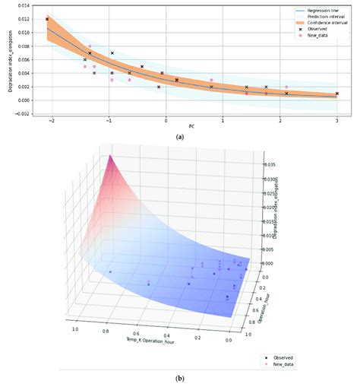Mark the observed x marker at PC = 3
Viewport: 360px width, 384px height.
point(336,94)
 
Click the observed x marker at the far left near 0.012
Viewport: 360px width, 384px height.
point(47,19)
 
